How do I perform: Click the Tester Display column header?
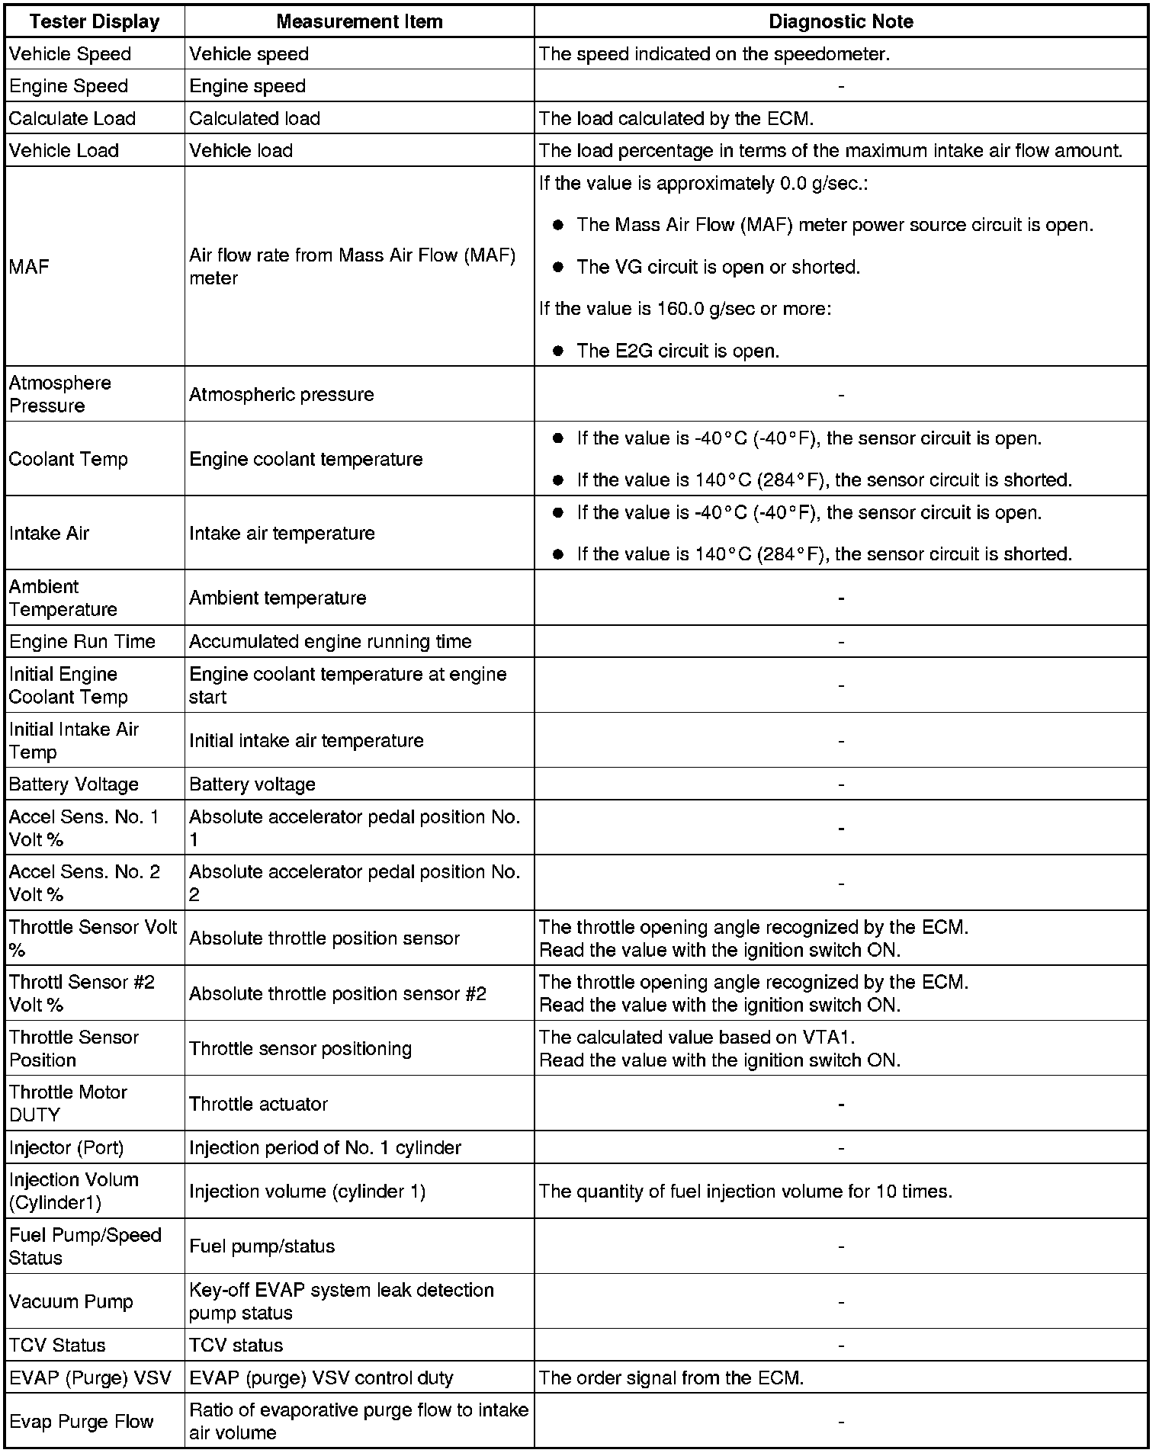click(x=95, y=21)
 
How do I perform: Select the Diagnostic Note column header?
click(x=840, y=21)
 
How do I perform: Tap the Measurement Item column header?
click(x=359, y=21)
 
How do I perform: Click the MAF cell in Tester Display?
click(x=29, y=267)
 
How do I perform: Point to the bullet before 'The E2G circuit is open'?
click(x=558, y=351)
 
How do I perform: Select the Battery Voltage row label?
click(x=74, y=784)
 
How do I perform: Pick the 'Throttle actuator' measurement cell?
click(x=258, y=1104)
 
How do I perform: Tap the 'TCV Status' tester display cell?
click(x=57, y=1345)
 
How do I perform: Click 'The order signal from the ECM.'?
click(x=671, y=1378)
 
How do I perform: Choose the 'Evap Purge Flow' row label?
click(x=82, y=1421)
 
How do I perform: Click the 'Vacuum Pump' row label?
click(x=71, y=1301)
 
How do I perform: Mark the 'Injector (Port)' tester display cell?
click(x=66, y=1147)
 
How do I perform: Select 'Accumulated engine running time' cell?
click(x=330, y=642)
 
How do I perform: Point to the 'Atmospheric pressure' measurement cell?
click(x=281, y=394)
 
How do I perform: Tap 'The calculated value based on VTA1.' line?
click(x=698, y=1038)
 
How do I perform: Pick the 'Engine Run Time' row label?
click(x=82, y=642)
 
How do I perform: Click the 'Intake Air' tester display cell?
click(x=49, y=533)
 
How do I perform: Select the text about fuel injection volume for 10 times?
click(x=746, y=1192)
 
